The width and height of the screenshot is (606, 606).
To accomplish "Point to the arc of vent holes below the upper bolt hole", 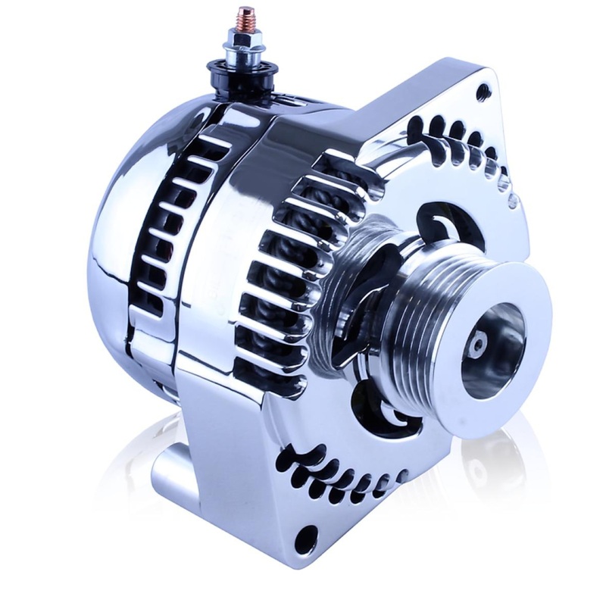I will (462, 144).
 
